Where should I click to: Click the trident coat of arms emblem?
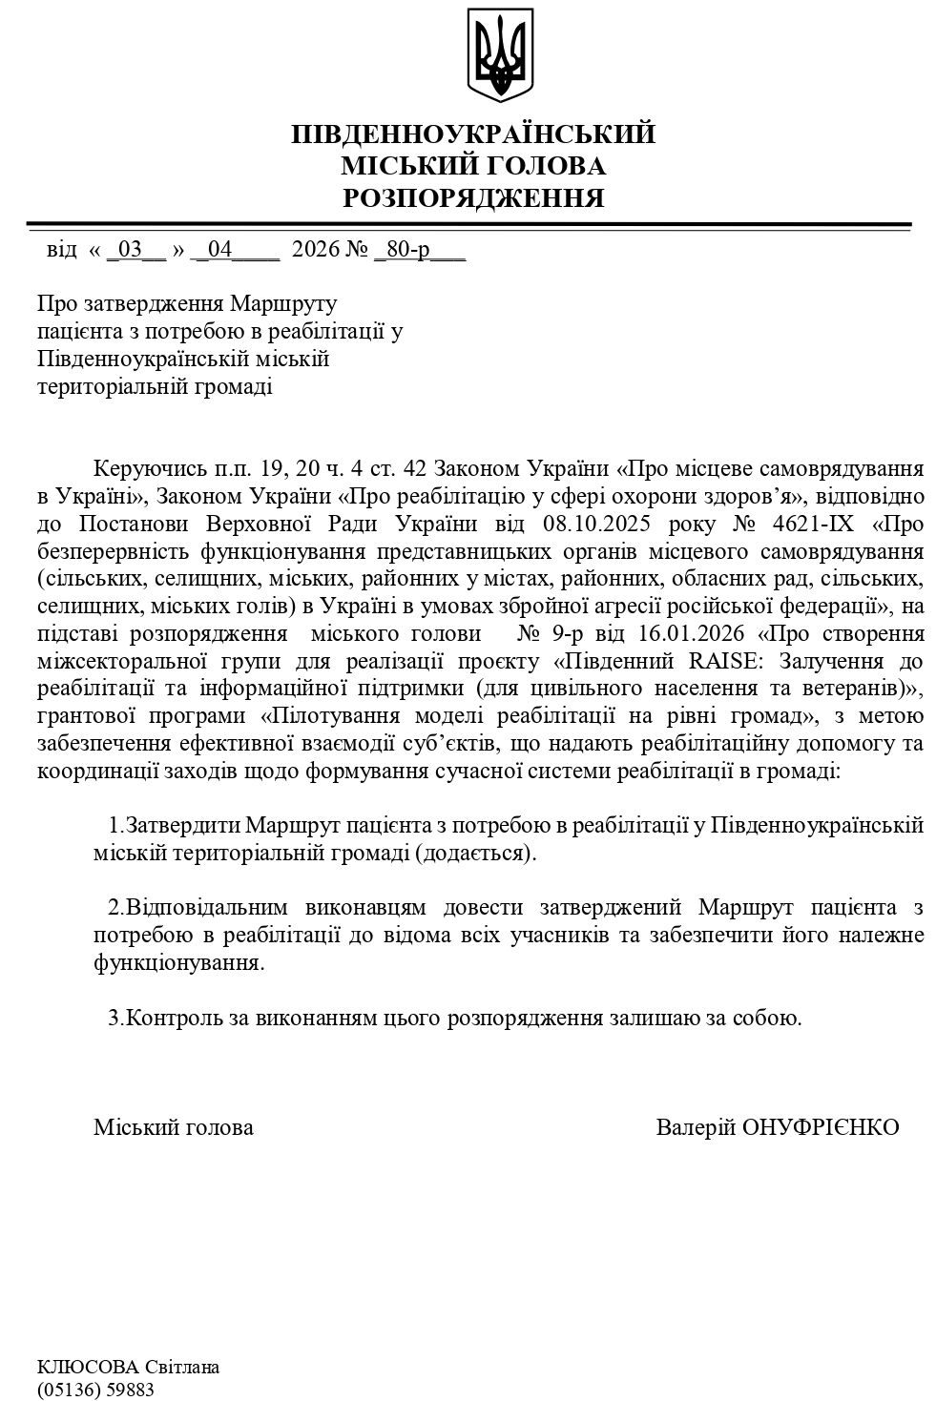pyautogui.click(x=499, y=55)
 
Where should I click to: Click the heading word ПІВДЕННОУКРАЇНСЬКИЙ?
pyautogui.click(x=473, y=134)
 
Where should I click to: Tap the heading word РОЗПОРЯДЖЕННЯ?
pyautogui.click(x=473, y=198)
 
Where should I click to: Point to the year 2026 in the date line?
pyautogui.click(x=315, y=250)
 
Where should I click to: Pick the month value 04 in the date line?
pyautogui.click(x=219, y=250)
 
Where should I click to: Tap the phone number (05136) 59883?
pyautogui.click(x=95, y=1390)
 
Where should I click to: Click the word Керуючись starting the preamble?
pyautogui.click(x=150, y=469)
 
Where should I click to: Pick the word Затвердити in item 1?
pyautogui.click(x=179, y=824)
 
